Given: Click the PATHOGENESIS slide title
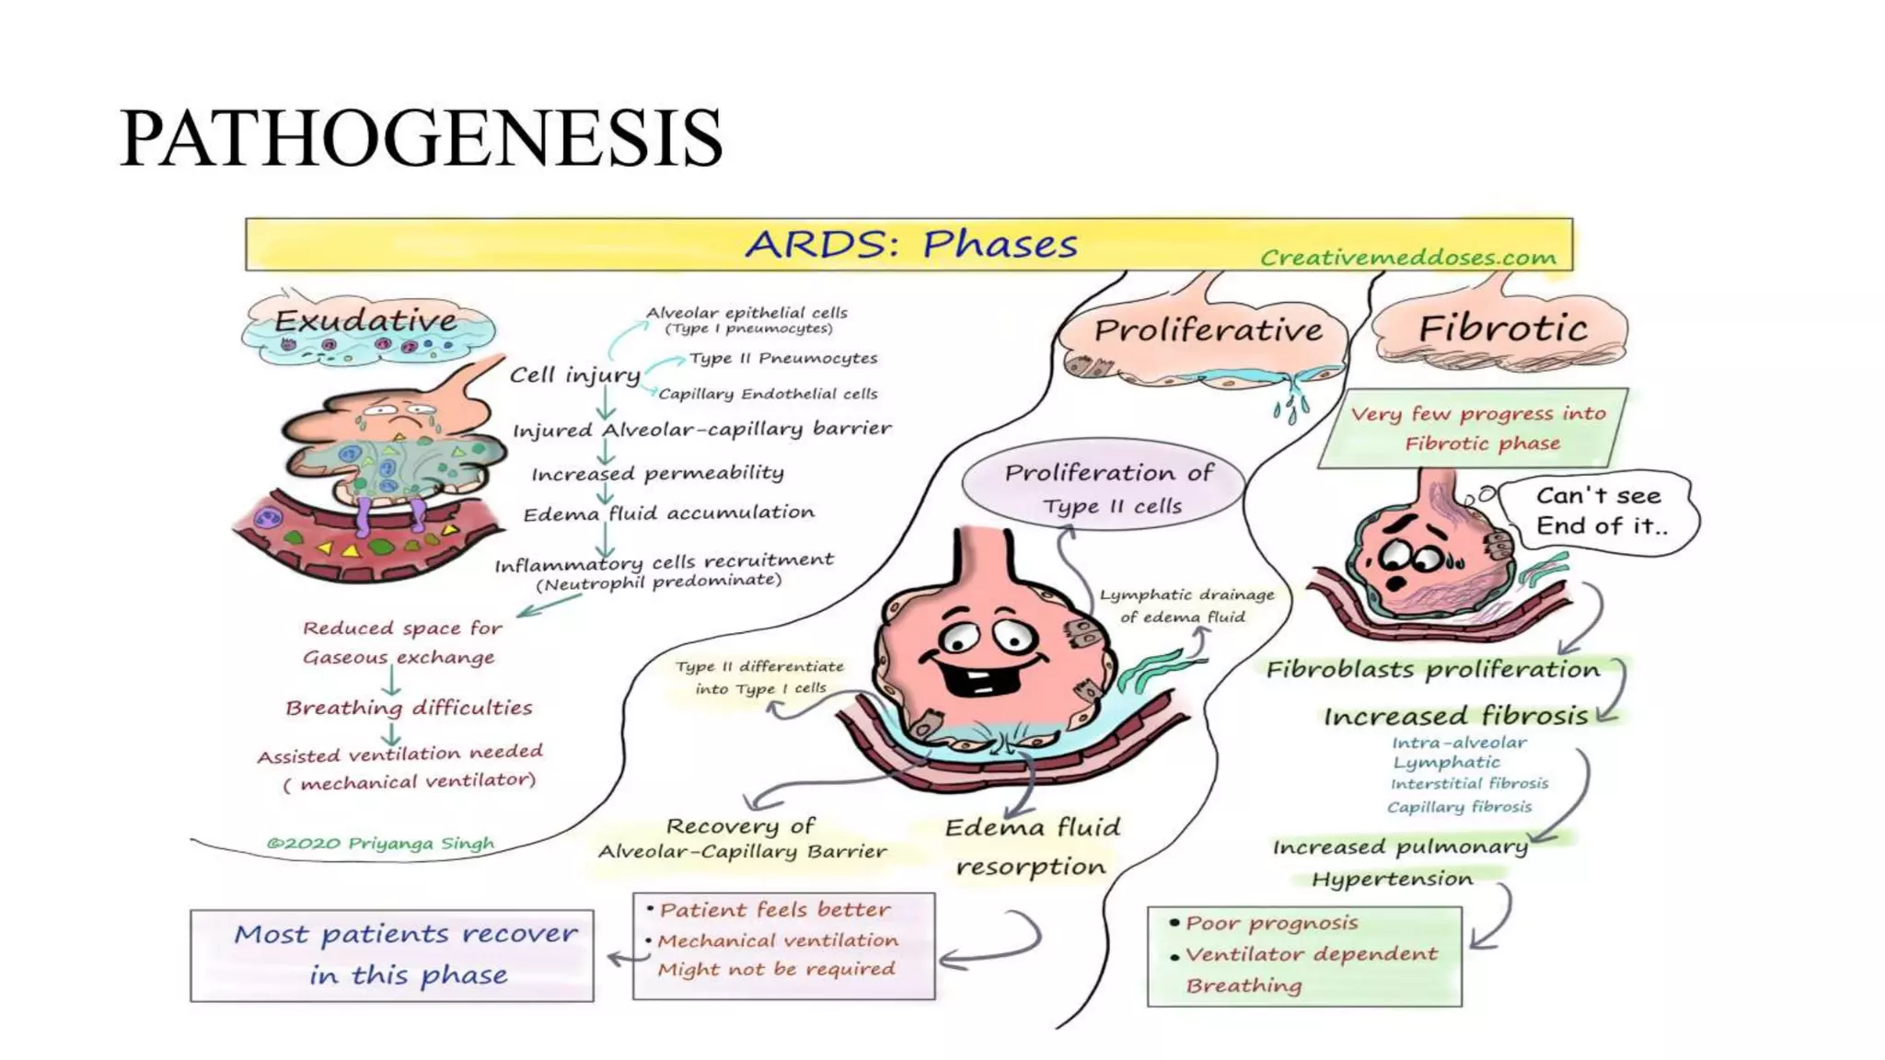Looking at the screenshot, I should (x=421, y=138).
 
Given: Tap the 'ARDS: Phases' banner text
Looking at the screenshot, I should (x=910, y=245).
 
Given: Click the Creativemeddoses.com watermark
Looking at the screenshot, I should (x=1407, y=258).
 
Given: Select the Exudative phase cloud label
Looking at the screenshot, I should (x=366, y=321).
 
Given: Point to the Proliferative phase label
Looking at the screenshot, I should (x=1208, y=329).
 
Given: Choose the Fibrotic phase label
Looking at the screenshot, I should (x=1502, y=328).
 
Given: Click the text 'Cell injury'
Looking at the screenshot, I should (x=575, y=375).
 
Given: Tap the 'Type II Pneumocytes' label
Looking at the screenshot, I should (x=783, y=358).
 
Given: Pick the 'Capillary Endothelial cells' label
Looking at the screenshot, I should (x=768, y=394).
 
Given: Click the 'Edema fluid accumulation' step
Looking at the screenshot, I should (x=669, y=513).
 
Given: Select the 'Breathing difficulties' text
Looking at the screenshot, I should (x=409, y=708).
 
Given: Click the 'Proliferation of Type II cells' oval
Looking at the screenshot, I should (x=1103, y=488).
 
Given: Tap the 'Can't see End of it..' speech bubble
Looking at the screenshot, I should (x=1600, y=511).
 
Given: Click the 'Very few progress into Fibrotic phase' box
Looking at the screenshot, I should (x=1477, y=428).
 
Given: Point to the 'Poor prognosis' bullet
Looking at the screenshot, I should (x=1270, y=923).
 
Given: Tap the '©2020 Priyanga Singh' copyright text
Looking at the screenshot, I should (x=380, y=843).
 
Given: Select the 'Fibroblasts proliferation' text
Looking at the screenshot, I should (x=1432, y=670).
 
